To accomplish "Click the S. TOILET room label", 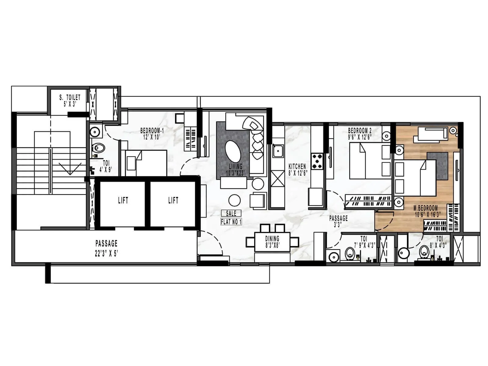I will (70, 100).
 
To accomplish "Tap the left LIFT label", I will (123, 200).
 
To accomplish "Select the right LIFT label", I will (173, 200).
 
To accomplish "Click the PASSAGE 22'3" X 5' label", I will (106, 248).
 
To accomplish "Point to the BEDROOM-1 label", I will (152, 133).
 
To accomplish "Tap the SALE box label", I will (231, 213).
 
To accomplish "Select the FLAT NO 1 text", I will (231, 222).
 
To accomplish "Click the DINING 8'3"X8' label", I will (272, 242).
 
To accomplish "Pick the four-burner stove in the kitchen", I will (317, 161).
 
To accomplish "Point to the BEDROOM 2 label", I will (360, 133).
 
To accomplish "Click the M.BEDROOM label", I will (426, 211).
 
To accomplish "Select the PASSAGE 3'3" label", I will (338, 221).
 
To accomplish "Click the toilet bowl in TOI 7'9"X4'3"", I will (350, 253).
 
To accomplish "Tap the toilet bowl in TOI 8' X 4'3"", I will (424, 252).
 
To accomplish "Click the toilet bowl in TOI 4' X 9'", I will (99, 149).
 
